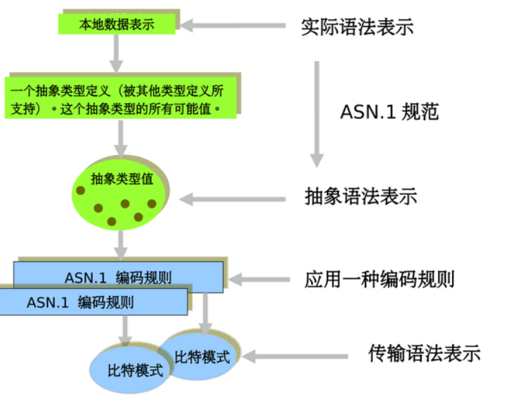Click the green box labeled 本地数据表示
tap(117, 25)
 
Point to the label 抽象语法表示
tap(361, 196)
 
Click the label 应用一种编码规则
tap(379, 279)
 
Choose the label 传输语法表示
tap(424, 353)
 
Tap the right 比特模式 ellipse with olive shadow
tap(201, 357)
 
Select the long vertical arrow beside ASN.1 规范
tap(316, 114)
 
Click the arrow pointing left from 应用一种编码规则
tap(258, 280)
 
